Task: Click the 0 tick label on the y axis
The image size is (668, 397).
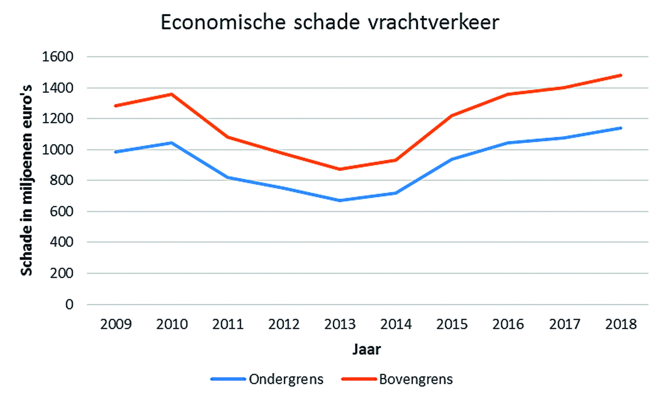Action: pos(69,304)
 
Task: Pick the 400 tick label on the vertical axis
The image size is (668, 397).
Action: pos(61,242)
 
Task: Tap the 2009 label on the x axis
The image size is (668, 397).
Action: pos(116,324)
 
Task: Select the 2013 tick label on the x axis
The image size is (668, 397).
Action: pos(340,324)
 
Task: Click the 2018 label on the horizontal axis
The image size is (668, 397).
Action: pos(621,324)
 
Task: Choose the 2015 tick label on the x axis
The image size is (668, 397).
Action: pos(452,324)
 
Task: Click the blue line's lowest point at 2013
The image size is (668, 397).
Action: pos(340,200)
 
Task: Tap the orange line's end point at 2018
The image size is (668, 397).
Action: pos(621,75)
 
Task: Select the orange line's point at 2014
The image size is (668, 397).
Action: pos(396,160)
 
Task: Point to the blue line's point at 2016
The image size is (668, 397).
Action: pos(508,143)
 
